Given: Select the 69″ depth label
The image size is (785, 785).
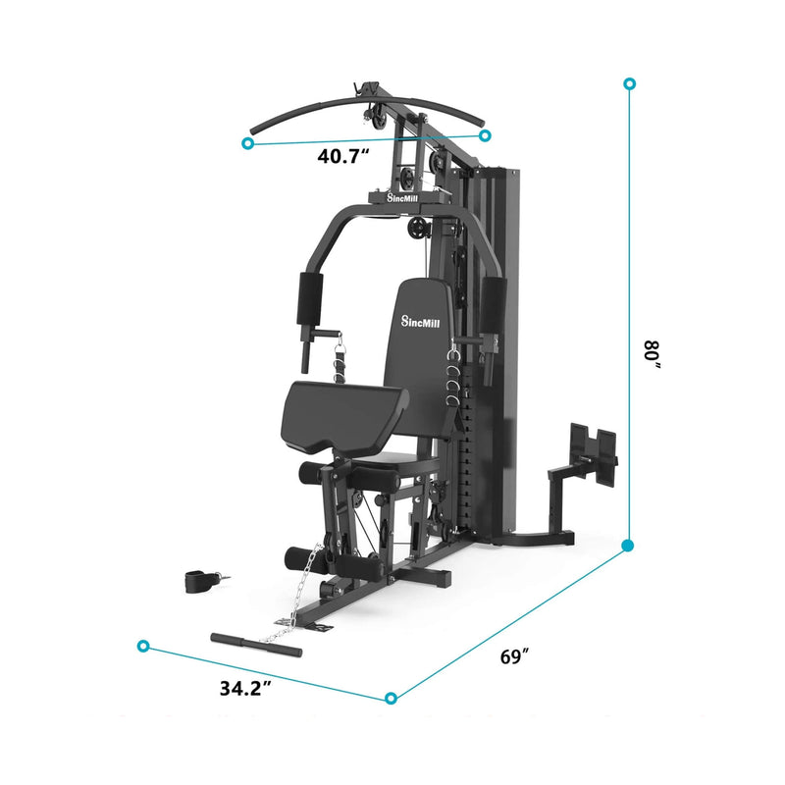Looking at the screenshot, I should pyautogui.click(x=509, y=656).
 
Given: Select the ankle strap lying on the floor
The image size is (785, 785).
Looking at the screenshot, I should pyautogui.click(x=200, y=580).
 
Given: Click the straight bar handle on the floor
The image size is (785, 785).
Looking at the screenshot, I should pyautogui.click(x=256, y=644).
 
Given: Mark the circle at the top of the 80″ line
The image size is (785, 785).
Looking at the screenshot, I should pyautogui.click(x=629, y=84).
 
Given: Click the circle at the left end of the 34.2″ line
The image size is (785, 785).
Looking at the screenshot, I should pyautogui.click(x=144, y=646).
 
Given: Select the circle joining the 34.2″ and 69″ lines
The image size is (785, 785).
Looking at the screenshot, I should pyautogui.click(x=391, y=698).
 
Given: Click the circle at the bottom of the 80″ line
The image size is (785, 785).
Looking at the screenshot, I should pyautogui.click(x=629, y=545).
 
